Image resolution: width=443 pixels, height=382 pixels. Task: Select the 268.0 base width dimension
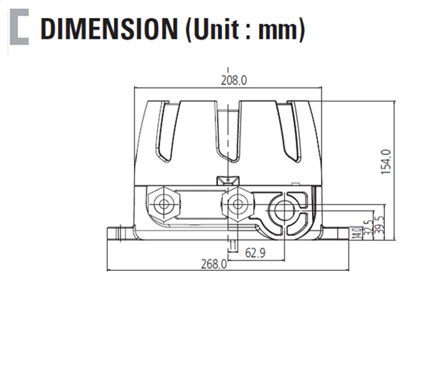pyautogui.click(x=214, y=264)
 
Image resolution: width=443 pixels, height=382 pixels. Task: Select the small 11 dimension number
pyautogui.click(x=233, y=246)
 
